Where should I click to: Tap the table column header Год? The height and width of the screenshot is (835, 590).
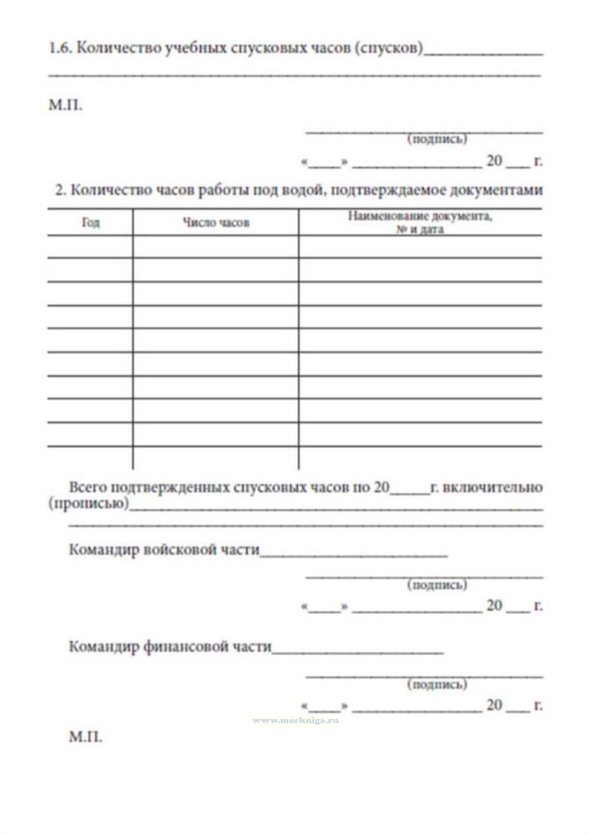[91, 222]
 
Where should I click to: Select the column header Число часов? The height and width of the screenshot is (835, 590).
[216, 223]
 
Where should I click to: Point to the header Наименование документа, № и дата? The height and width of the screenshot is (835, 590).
[420, 223]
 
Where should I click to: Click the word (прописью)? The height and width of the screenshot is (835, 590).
[89, 503]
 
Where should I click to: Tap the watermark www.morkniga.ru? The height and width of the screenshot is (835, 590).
[295, 720]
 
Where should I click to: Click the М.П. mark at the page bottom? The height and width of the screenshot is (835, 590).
[85, 737]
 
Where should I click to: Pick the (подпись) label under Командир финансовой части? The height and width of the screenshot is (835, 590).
[437, 684]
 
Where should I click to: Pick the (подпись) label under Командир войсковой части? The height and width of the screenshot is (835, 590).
[437, 585]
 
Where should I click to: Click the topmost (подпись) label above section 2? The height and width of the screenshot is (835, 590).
[437, 139]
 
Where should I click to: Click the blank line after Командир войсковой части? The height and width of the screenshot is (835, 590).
[354, 555]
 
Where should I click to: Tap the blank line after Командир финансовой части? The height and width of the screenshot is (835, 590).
[358, 652]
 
